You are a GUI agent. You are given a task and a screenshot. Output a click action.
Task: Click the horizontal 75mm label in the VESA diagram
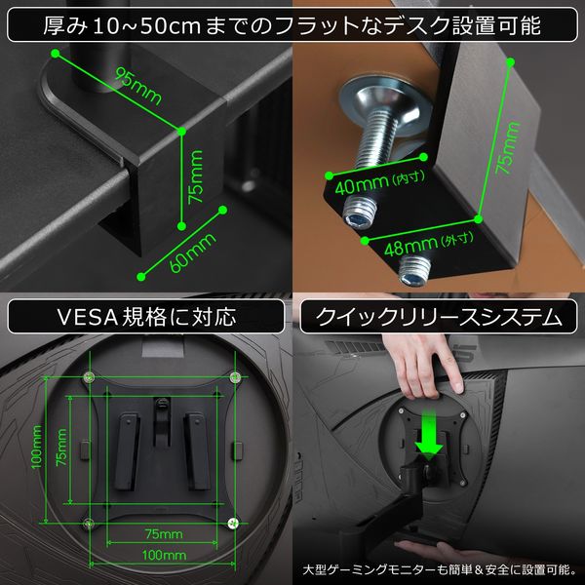[x=162, y=534]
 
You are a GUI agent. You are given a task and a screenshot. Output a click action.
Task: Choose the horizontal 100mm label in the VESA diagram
[x=162, y=555]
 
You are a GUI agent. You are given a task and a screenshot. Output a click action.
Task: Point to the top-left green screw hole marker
[x=90, y=376]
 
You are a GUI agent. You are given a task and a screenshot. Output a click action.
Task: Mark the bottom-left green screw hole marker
[x=90, y=524]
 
